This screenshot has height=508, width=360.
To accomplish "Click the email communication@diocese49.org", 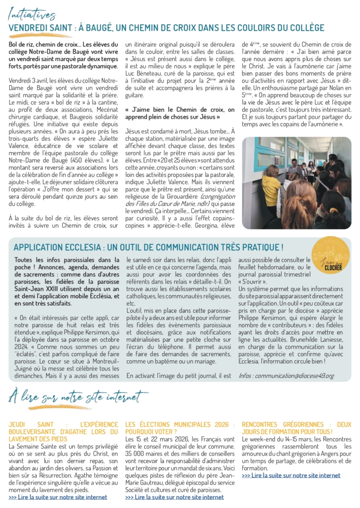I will tap(293, 376).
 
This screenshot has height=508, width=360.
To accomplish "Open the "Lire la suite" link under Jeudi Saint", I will tap(58, 497).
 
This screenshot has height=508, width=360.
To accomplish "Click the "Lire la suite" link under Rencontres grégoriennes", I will tap(291, 475).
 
